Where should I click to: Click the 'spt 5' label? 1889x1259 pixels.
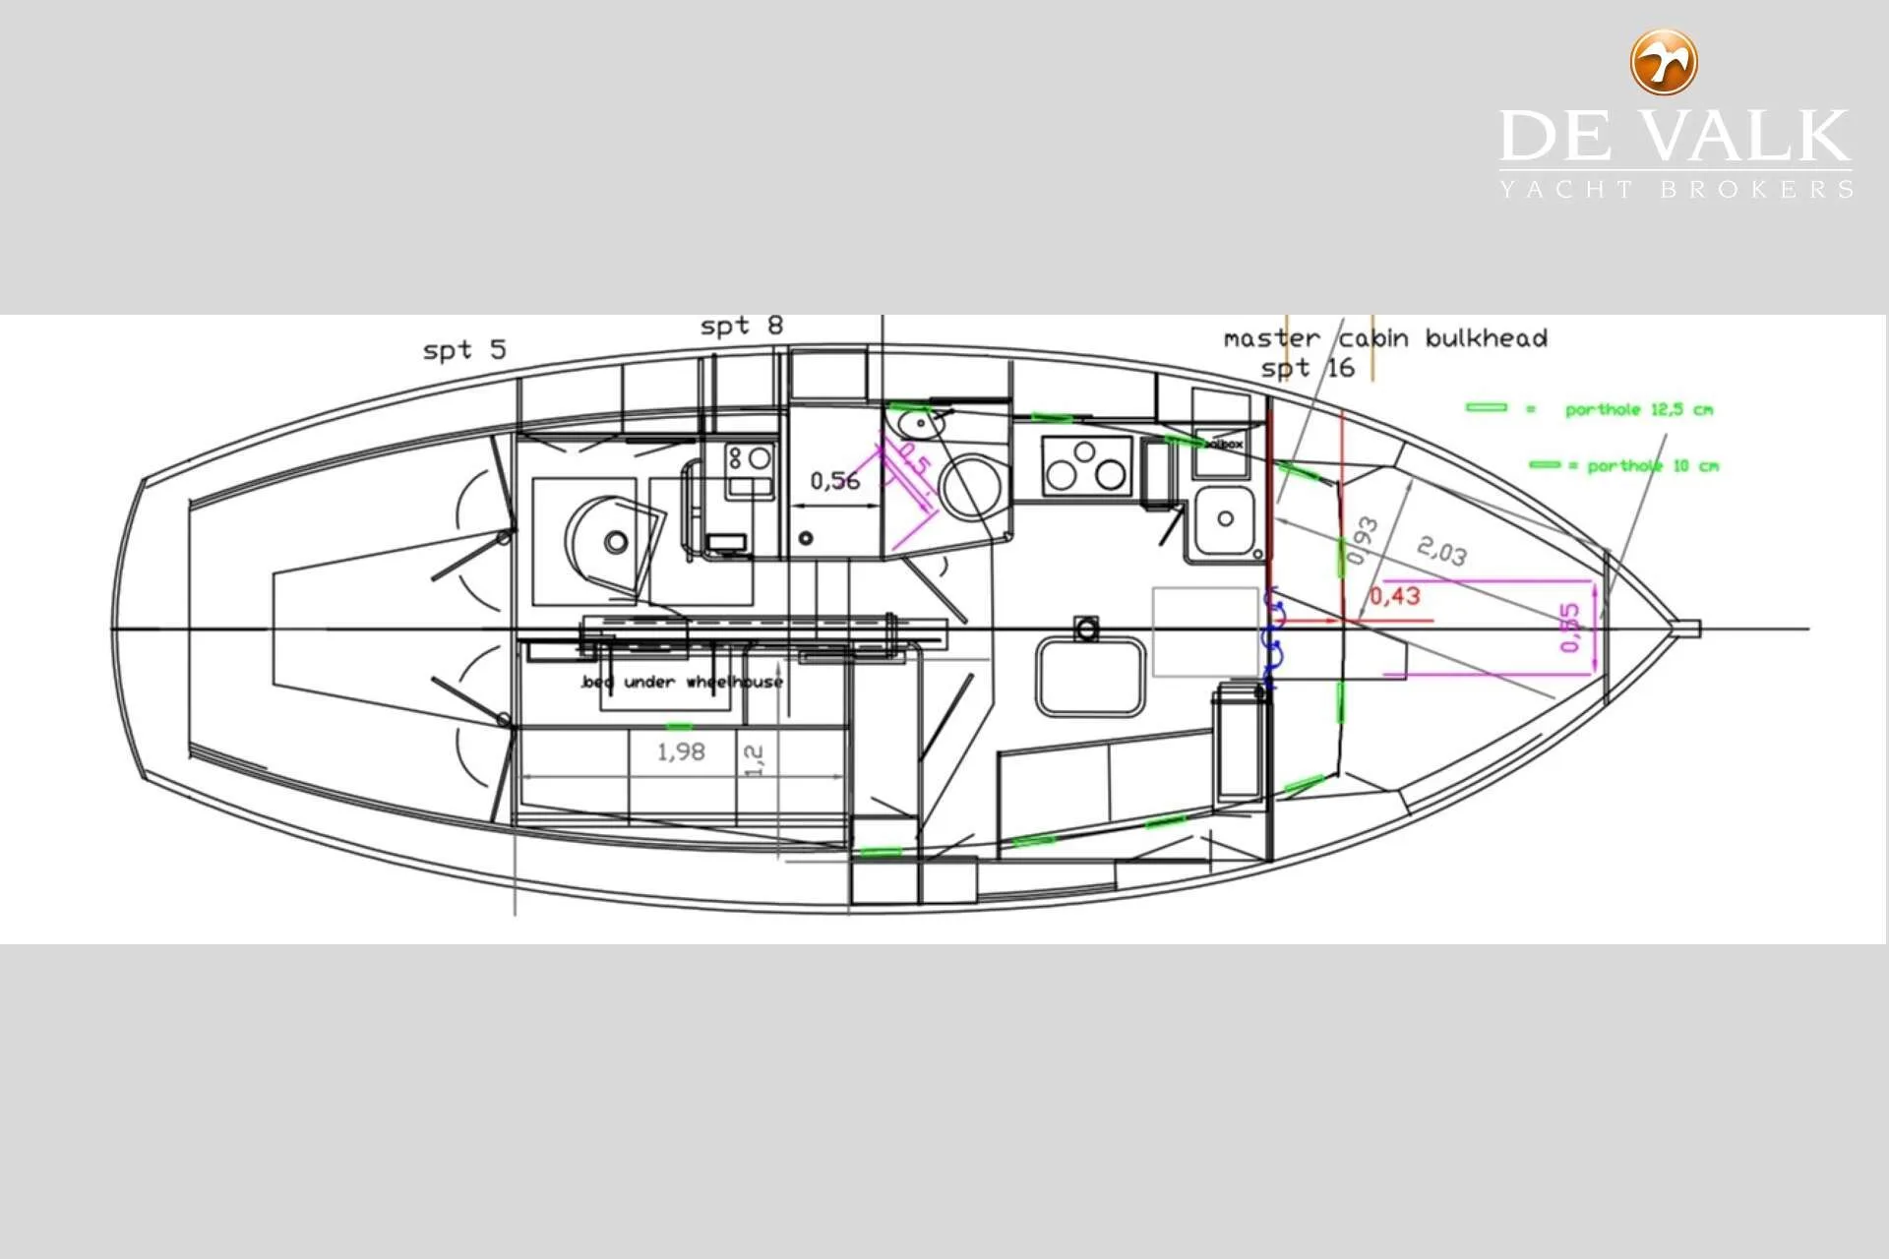(x=464, y=350)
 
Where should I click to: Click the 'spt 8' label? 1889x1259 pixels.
(x=742, y=326)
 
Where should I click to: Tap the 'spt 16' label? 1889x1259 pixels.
(x=1308, y=369)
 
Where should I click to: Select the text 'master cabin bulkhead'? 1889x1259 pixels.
(x=1384, y=338)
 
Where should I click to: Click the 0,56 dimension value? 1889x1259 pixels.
(x=834, y=481)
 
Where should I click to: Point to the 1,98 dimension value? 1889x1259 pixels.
(x=681, y=752)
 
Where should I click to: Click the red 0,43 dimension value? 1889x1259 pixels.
(x=1394, y=596)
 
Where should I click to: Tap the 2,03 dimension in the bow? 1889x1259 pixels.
(x=1441, y=551)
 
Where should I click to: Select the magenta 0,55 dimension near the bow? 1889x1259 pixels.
(x=1570, y=627)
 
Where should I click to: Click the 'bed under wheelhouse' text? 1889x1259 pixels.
(x=682, y=682)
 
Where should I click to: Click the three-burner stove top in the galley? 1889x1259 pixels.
(x=1084, y=466)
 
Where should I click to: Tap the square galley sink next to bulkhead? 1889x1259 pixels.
(x=1224, y=521)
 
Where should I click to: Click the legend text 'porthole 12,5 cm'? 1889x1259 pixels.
(x=1638, y=409)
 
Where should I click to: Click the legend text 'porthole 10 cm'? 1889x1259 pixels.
(x=1652, y=466)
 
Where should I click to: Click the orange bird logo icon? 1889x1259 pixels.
(x=1664, y=62)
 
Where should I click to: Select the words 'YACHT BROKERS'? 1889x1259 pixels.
(x=1676, y=189)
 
